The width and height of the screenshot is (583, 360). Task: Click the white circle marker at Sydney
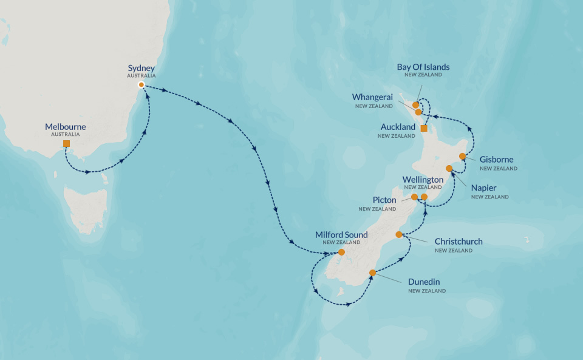click(x=141, y=85)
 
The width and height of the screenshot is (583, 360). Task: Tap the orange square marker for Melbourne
click(x=66, y=144)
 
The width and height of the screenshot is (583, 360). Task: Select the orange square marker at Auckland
click(x=424, y=129)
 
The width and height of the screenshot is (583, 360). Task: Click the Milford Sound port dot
click(x=341, y=252)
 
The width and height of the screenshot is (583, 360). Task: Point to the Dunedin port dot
click(x=372, y=273)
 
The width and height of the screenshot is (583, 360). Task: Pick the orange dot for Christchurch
click(x=399, y=234)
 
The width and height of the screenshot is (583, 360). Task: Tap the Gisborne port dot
click(x=462, y=156)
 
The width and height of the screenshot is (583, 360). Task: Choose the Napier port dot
click(x=449, y=168)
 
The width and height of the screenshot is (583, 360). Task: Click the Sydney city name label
click(x=141, y=68)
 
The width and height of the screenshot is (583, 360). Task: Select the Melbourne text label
click(x=66, y=127)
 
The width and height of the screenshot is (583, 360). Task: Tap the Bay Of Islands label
click(x=423, y=67)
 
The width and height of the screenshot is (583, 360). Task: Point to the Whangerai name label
click(x=372, y=97)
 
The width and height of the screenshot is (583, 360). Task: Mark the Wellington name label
click(x=423, y=180)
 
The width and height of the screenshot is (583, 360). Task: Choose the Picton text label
click(x=384, y=200)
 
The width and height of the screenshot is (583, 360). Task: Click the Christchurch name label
click(x=459, y=242)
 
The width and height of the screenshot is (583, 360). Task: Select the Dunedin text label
click(x=424, y=282)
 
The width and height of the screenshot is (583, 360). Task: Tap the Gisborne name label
click(x=496, y=160)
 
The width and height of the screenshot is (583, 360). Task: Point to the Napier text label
click(x=484, y=188)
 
